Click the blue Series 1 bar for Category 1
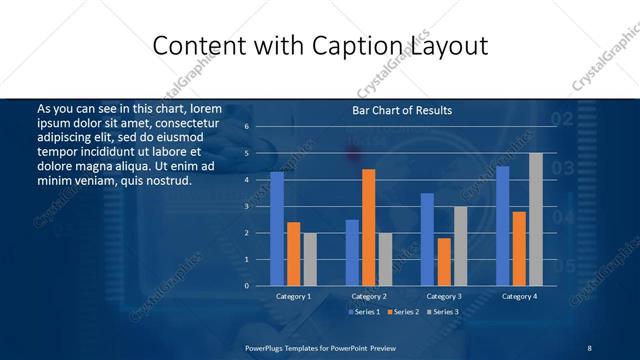click(277, 229)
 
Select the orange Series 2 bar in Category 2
click(368, 228)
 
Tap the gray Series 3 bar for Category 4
click(535, 219)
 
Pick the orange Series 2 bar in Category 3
click(443, 262)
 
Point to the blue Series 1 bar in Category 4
click(502, 226)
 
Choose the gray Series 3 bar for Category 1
click(310, 259)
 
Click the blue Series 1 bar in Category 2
click(352, 253)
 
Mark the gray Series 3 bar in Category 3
click(460, 246)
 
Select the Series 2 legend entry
click(402, 312)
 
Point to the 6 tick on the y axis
click(246, 127)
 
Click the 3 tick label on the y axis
click(246, 206)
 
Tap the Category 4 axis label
click(518, 296)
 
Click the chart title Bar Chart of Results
click(402, 110)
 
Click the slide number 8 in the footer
click(590, 347)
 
